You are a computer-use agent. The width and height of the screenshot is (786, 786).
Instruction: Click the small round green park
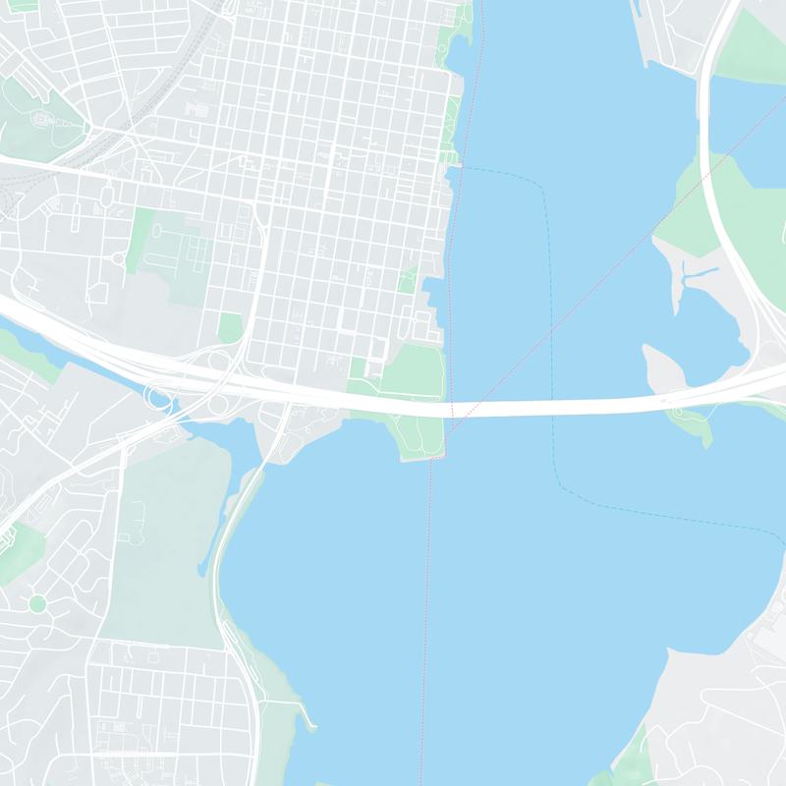[x=37, y=603]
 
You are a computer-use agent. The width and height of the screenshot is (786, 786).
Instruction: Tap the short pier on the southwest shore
[x=311, y=724]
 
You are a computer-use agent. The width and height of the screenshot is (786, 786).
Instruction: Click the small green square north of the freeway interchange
[x=230, y=327]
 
